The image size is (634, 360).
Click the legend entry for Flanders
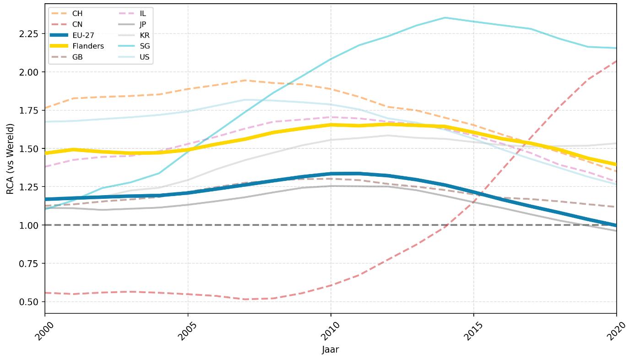[77, 46]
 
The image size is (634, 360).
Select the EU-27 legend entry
[72, 35]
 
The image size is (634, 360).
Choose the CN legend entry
[66, 24]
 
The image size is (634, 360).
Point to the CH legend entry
[66, 13]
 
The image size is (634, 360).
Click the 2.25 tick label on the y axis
[28, 34]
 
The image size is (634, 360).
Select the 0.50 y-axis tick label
[28, 302]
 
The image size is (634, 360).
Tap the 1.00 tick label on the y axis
[28, 225]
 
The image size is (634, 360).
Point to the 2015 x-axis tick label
[473, 331]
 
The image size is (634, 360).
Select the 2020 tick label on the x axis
[616, 331]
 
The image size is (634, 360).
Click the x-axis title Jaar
[331, 349]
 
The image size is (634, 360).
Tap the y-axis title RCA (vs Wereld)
[10, 159]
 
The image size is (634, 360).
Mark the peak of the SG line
[445, 18]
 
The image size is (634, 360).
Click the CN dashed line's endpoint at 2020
[616, 61]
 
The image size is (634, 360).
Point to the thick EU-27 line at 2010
[331, 174]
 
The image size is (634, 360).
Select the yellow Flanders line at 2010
[331, 125]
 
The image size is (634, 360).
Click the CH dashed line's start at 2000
[45, 108]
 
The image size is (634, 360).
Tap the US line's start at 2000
[45, 122]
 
